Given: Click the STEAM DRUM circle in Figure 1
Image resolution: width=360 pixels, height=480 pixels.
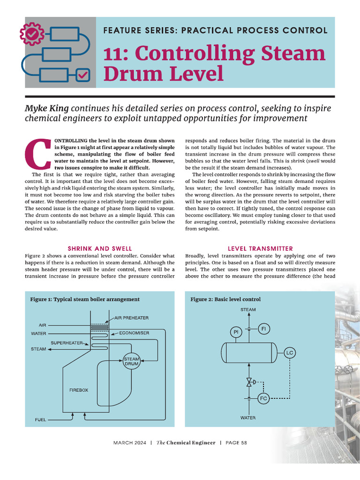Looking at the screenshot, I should [131, 361].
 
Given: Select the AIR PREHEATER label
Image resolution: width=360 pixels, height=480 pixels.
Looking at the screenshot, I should [132, 318].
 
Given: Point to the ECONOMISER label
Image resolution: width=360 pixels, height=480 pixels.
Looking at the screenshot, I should [134, 333].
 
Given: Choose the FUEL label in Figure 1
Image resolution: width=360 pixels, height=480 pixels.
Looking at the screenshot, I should [41, 420].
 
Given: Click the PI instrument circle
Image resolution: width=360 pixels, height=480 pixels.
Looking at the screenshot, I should [235, 332].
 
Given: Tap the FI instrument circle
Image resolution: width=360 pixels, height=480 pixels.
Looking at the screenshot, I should [263, 329].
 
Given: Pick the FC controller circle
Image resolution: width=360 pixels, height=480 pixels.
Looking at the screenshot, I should [263, 398].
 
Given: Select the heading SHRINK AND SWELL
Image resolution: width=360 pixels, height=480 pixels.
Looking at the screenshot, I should [100, 248].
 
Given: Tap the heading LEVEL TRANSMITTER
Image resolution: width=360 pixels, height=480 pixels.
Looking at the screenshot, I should [260, 248].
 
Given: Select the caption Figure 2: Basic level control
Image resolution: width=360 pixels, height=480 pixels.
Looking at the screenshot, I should [225, 299].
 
